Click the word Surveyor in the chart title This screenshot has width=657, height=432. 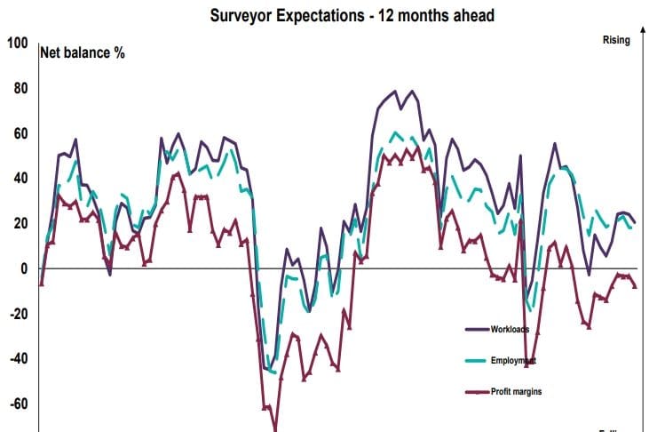coord(241,15)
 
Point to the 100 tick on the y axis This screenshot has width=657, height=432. coord(18,44)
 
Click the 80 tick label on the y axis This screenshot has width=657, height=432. coord(20,89)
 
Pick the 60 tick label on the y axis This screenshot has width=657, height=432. coord(20,134)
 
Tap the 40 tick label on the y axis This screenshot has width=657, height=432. coord(20,179)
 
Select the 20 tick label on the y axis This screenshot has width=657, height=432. coord(20,224)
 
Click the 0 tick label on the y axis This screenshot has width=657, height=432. coord(24,268)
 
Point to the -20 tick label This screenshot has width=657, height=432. coord(18,314)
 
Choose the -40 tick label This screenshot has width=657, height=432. coord(18,359)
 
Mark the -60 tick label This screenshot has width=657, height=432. coord(18,404)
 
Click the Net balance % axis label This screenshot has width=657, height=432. coord(83,52)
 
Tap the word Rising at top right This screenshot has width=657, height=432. coord(615,40)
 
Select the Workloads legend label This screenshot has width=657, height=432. coord(510,329)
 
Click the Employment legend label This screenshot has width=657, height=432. coord(513,360)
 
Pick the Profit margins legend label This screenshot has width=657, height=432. coord(517,391)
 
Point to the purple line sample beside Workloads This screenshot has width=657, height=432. coord(478,329)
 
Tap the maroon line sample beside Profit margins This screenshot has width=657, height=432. coord(478,391)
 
